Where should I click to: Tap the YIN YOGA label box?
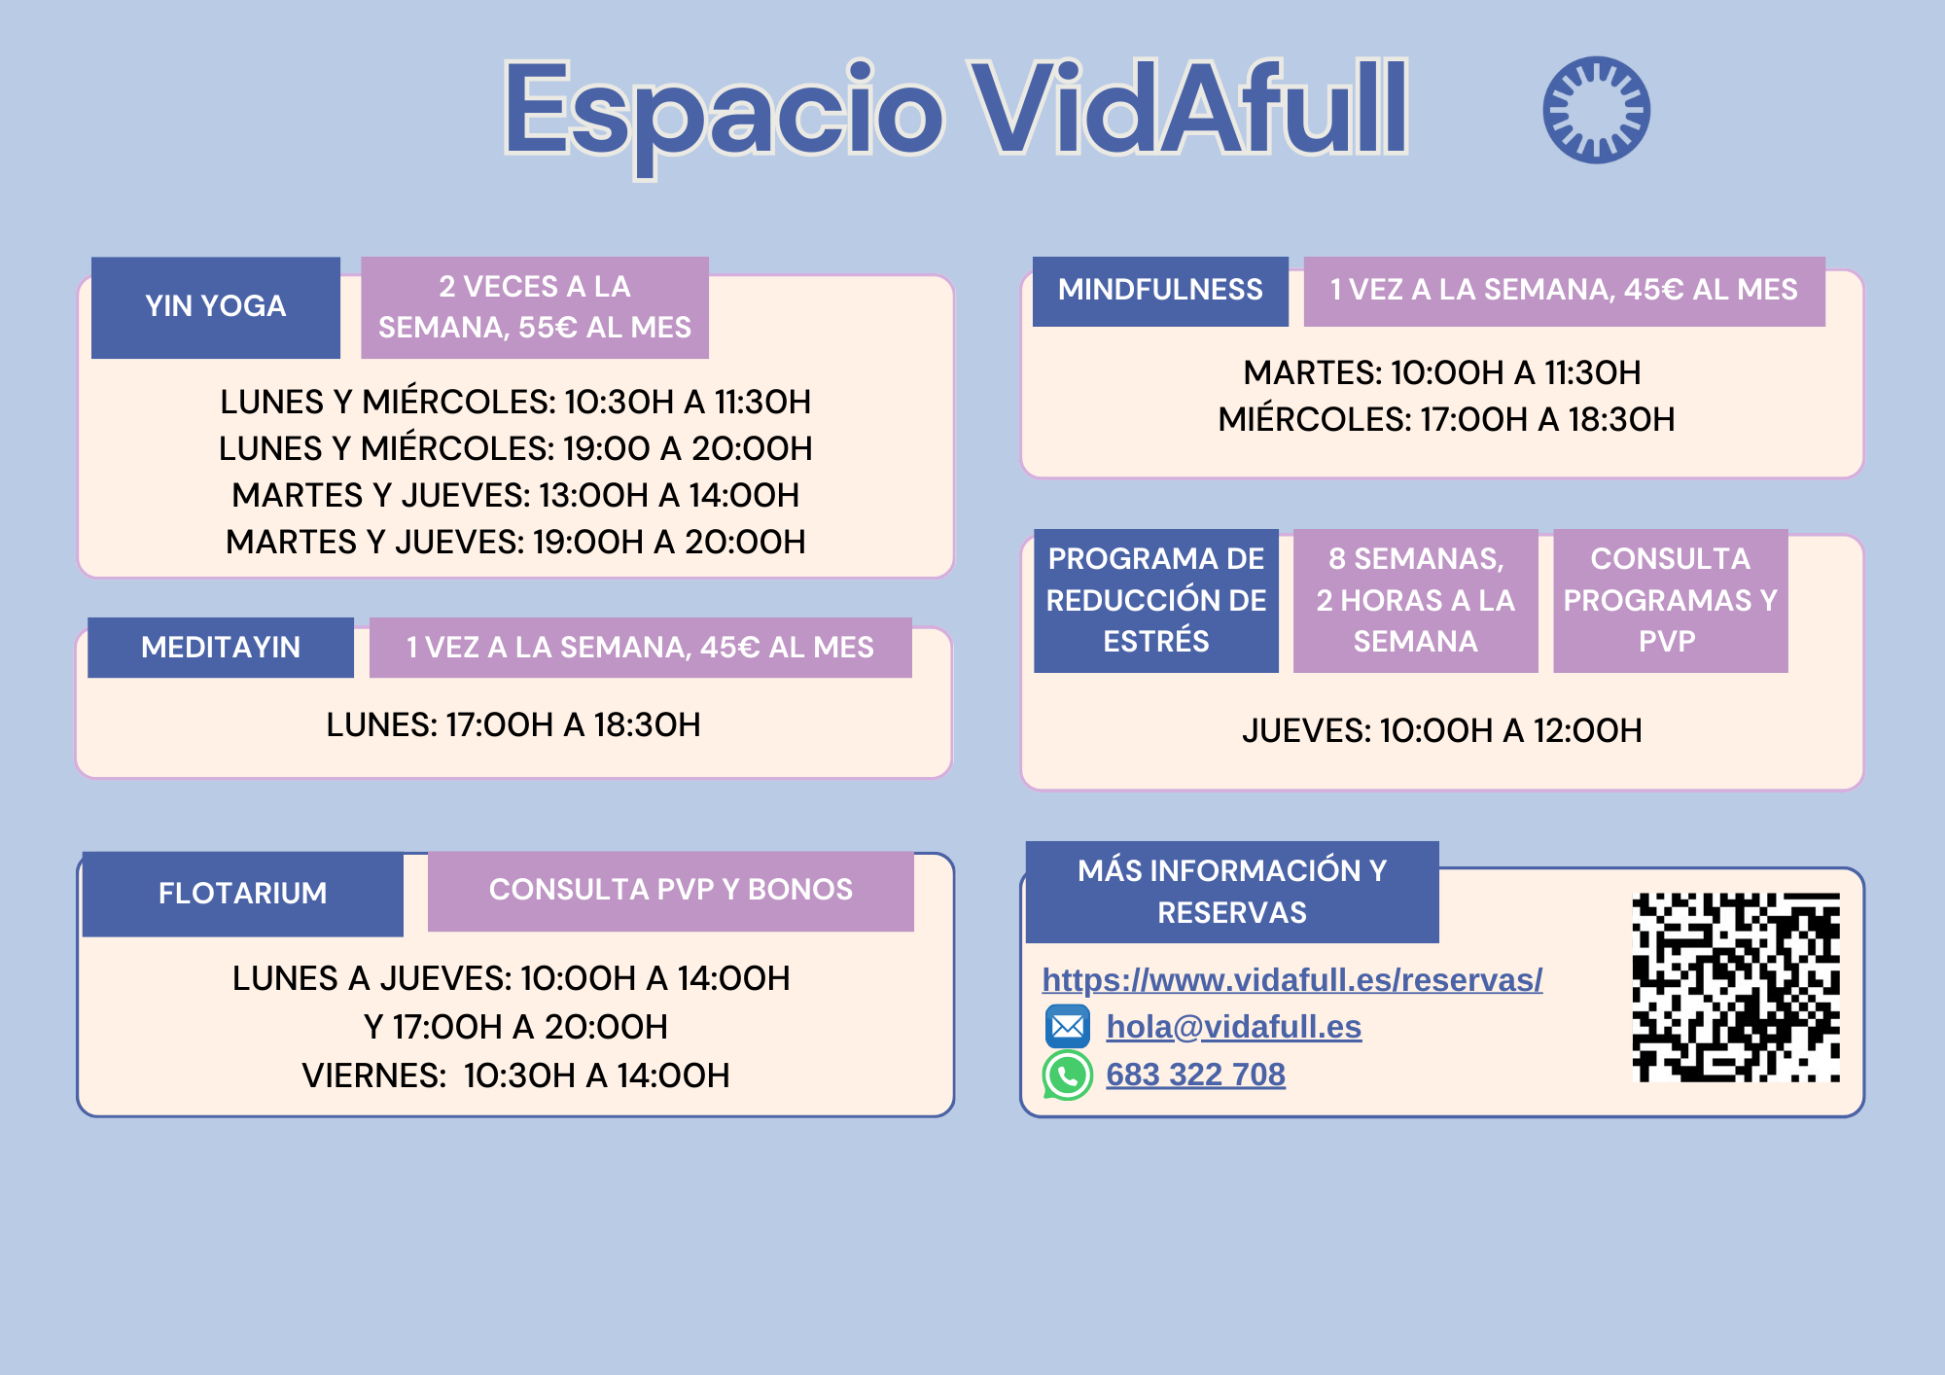coord(216,307)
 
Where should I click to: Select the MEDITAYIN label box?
coord(221,648)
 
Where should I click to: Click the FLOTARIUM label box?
coord(243,894)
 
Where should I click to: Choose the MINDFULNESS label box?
coord(1160,291)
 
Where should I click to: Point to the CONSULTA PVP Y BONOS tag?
coord(671,891)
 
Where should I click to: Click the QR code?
coord(1736,987)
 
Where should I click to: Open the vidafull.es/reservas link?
coord(1292,980)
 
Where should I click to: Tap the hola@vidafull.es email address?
coord(1234,1027)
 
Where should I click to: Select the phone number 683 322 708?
coord(1196,1075)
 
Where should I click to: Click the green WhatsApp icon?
coord(1067,1075)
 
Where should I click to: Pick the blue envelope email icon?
coord(1068,1026)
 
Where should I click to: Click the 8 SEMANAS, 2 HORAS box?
coord(1416,600)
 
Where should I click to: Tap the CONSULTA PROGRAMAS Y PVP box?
coord(1671,600)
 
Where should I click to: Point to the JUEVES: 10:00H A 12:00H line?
coord(1442,731)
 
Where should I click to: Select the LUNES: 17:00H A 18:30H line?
coord(513,725)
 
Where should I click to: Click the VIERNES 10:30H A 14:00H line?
coord(515,1076)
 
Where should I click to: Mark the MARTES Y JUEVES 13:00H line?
coord(515,496)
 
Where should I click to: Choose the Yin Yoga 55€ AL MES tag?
coord(535,307)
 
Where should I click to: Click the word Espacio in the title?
coord(724,112)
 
